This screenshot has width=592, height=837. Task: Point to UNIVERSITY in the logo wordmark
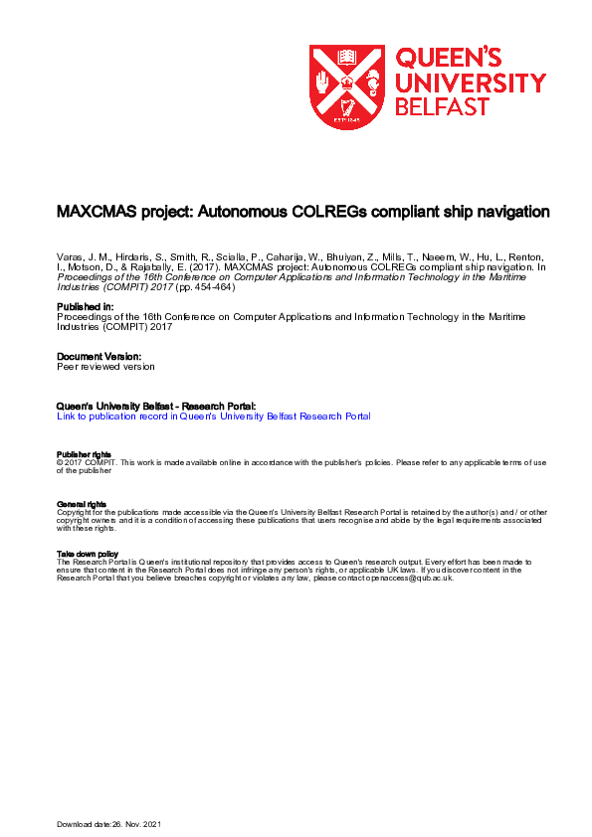click(x=471, y=83)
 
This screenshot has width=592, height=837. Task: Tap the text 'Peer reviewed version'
click(x=105, y=366)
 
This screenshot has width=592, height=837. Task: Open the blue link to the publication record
click(x=214, y=417)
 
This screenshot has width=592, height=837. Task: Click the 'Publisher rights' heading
click(x=85, y=454)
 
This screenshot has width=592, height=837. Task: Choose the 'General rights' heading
click(x=82, y=504)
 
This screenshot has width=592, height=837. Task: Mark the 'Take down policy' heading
click(x=88, y=554)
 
